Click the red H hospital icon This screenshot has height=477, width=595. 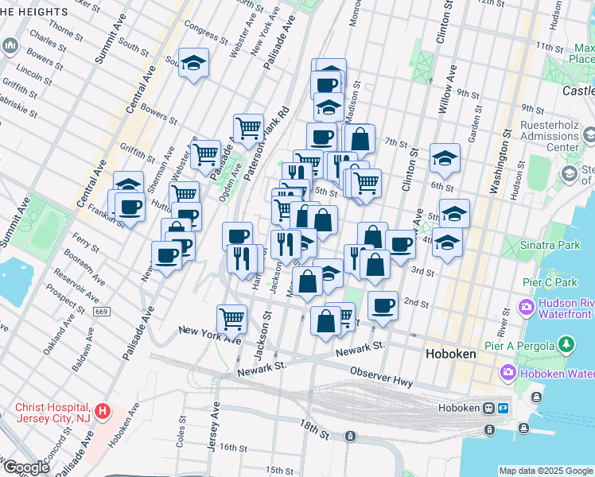(x=102, y=411)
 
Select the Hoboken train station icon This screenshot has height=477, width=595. (x=492, y=409)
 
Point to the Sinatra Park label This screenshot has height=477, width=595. (x=550, y=246)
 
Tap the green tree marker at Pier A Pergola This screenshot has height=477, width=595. (x=566, y=344)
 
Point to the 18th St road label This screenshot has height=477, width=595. (x=313, y=433)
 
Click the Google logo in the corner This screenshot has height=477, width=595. (x=26, y=467)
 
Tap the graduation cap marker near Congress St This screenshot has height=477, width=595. (x=192, y=64)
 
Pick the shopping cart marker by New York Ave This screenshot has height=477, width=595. (x=231, y=319)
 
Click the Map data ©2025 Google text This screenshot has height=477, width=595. (x=546, y=471)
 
